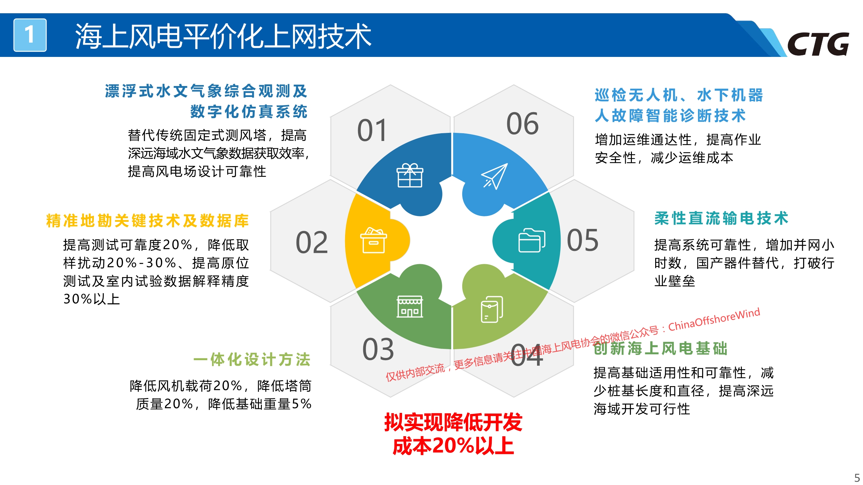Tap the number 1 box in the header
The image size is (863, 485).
click(30, 35)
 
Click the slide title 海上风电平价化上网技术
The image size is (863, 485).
click(223, 36)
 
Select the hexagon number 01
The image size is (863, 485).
click(372, 130)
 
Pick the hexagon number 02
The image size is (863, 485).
click(311, 242)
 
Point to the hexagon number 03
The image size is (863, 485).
click(378, 349)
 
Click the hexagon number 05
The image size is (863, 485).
click(582, 240)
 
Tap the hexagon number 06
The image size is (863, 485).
click(522, 124)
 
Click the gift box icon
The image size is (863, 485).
click(410, 175)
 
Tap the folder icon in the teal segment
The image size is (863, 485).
click(532, 240)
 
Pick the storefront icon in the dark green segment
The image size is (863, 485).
click(410, 306)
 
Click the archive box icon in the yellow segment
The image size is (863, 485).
click(374, 240)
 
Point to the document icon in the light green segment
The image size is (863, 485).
click(492, 309)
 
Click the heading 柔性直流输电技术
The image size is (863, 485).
click(721, 218)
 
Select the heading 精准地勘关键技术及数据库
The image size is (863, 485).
click(147, 221)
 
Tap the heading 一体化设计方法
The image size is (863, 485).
click(252, 360)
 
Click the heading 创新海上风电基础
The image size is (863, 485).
click(660, 348)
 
